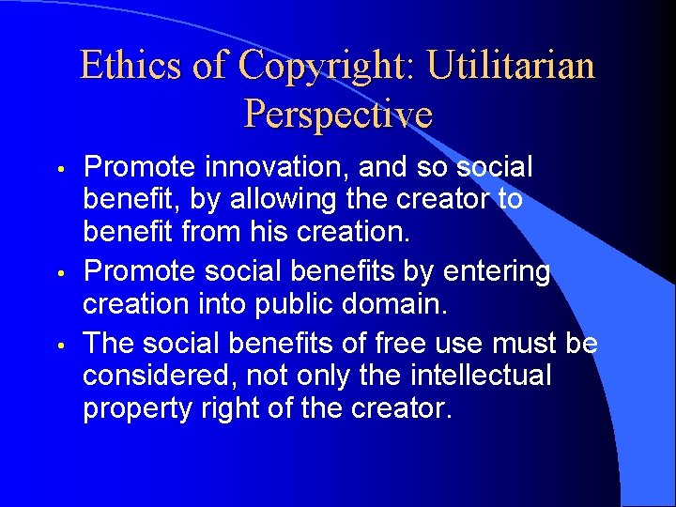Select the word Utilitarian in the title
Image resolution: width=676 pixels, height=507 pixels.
pyautogui.click(x=511, y=66)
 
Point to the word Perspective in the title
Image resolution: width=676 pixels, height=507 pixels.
pyautogui.click(x=338, y=115)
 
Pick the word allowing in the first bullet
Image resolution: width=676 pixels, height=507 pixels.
pyautogui.click(x=287, y=199)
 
